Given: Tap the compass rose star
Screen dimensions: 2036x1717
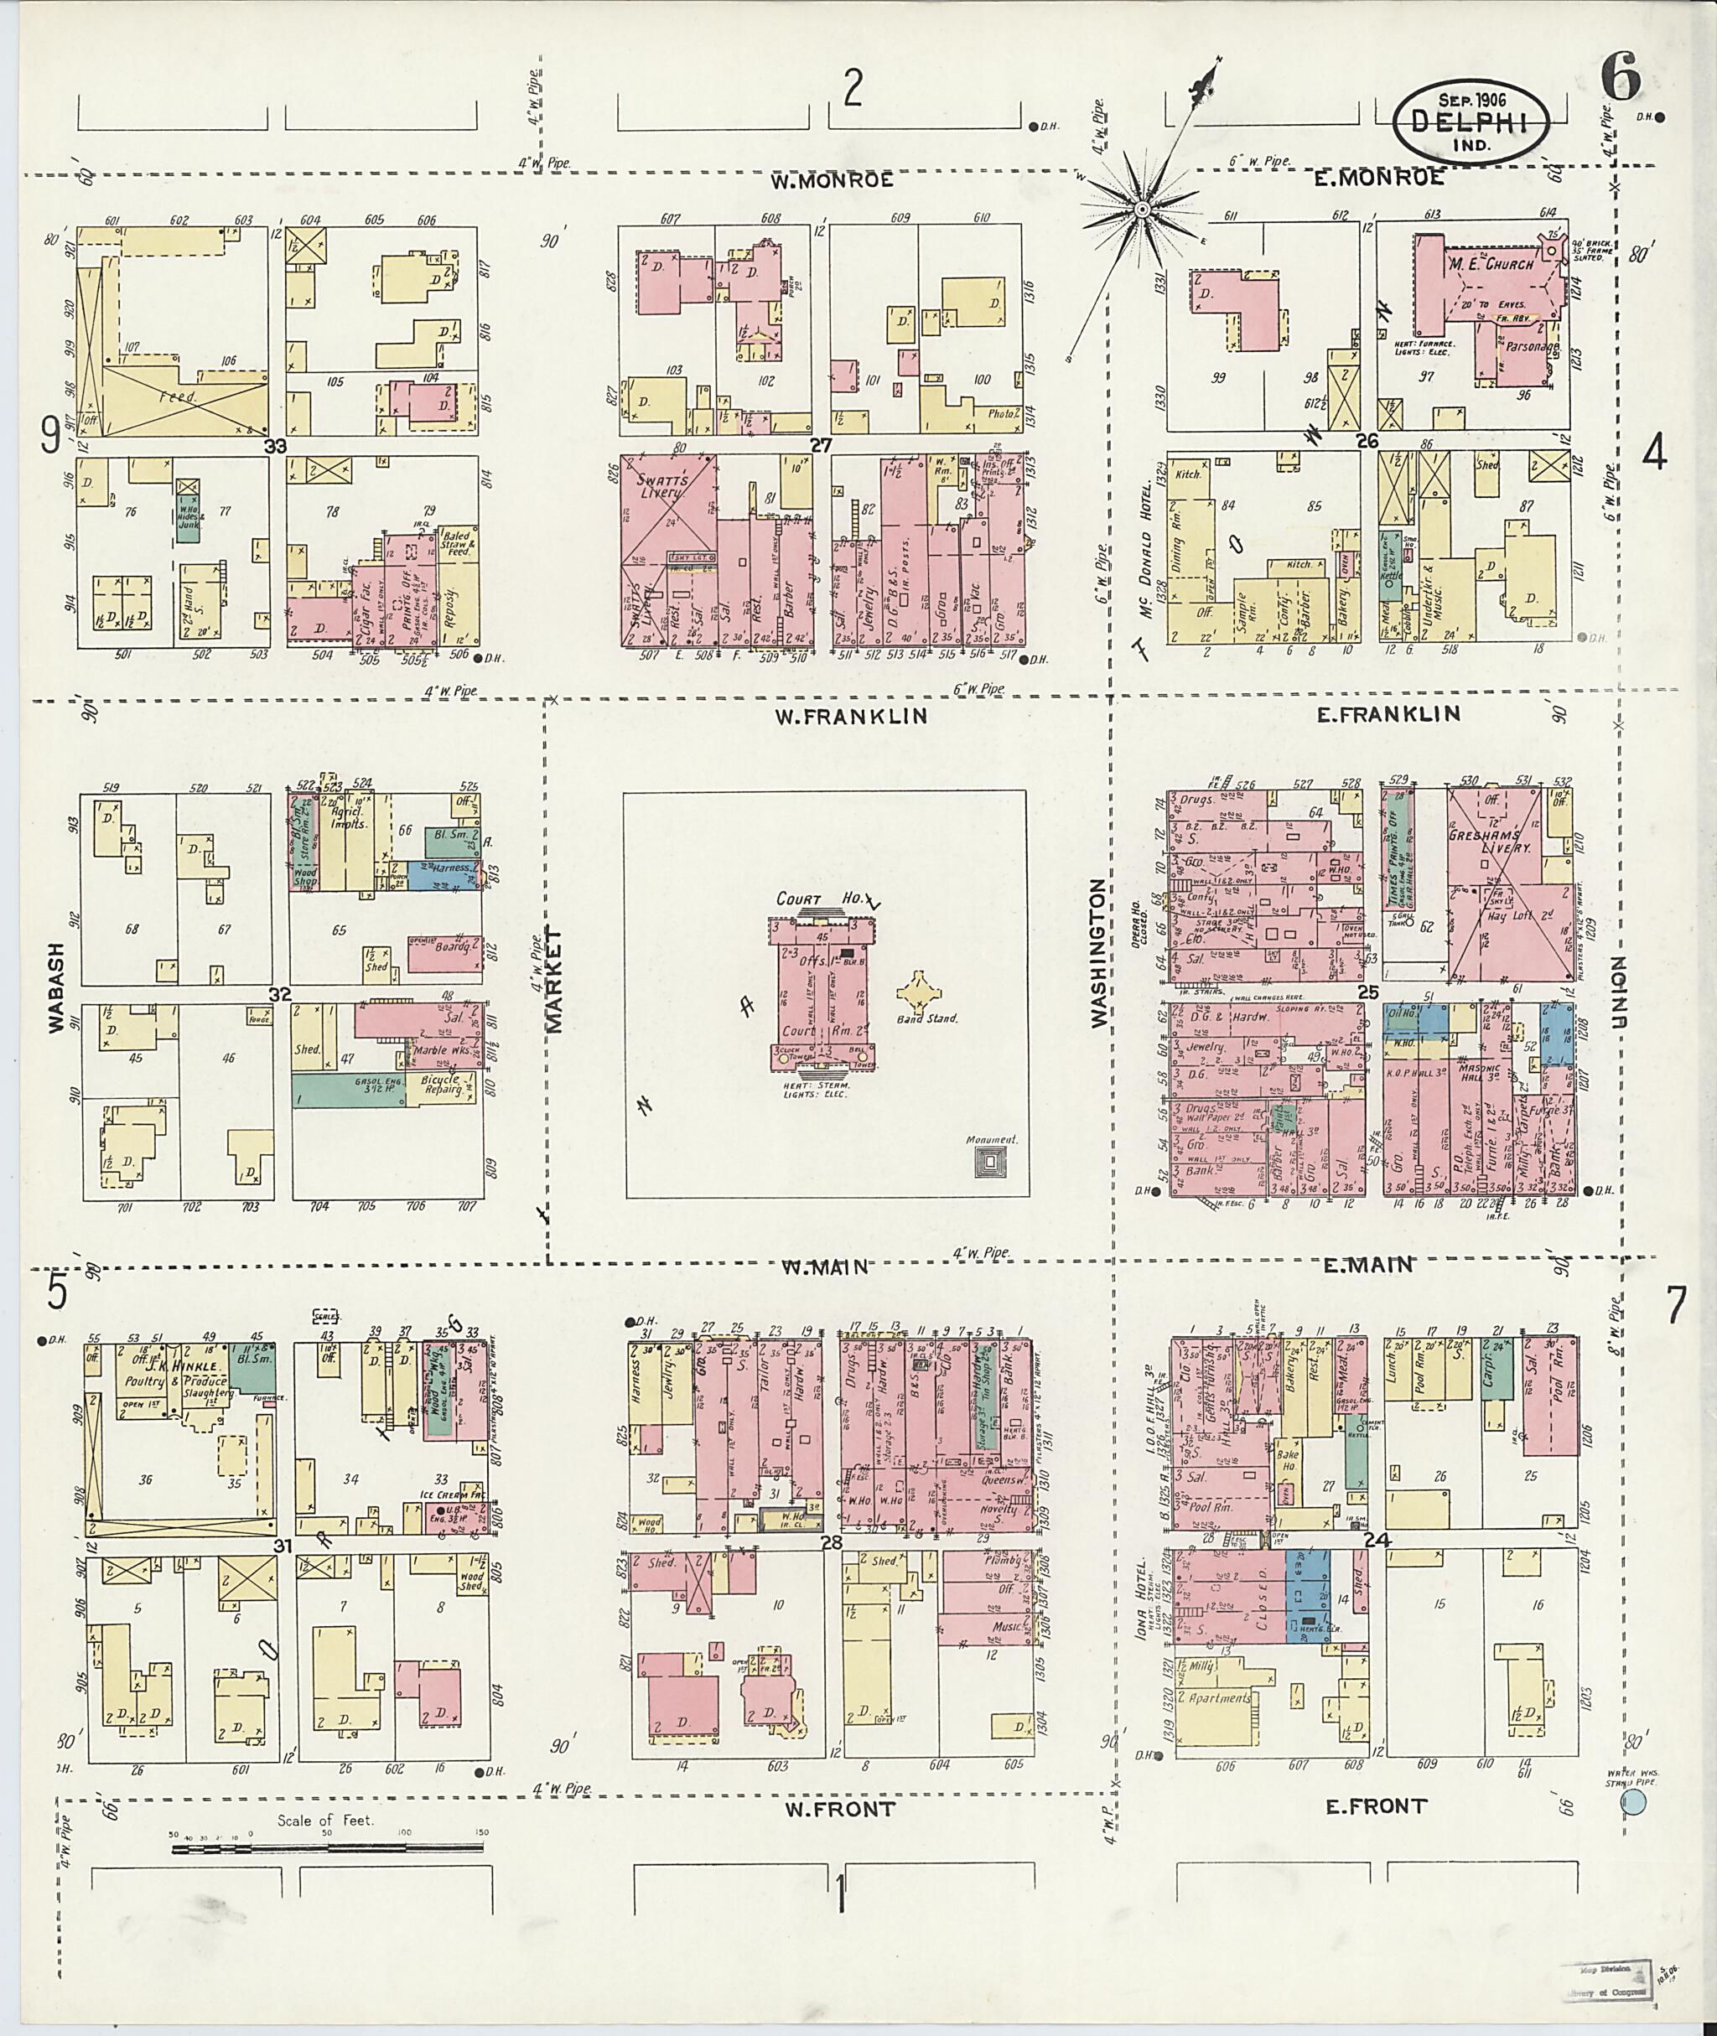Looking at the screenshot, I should click(x=1142, y=208).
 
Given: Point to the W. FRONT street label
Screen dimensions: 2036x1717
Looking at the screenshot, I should click(x=839, y=1809).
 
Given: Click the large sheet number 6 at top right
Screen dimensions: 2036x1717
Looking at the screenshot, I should click(x=1621, y=80).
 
